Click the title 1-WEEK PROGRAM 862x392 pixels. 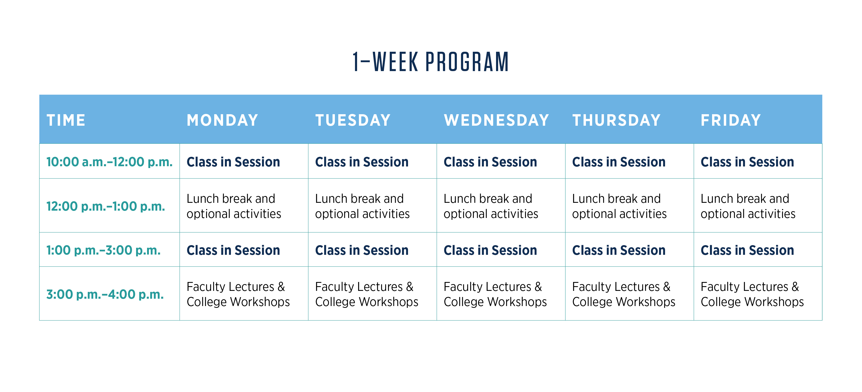pos(431,62)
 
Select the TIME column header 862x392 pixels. pos(66,120)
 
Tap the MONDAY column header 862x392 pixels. pos(223,120)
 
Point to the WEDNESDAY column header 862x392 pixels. pos(496,120)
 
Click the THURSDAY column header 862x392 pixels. pos(616,120)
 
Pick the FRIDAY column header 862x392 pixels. pos(731,120)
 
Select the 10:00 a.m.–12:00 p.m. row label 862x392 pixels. pos(109,162)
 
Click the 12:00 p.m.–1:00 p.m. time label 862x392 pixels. pos(106,206)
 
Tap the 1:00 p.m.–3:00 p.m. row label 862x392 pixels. pos(103,250)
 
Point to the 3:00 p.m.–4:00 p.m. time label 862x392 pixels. pos(105,294)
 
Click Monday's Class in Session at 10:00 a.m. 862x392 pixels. pos(233,162)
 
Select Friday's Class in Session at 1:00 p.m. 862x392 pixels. pos(747,250)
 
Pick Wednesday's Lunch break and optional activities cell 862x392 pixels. pos(491,206)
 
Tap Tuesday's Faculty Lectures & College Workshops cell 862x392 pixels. pos(367,294)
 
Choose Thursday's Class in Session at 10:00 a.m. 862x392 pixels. pos(619,162)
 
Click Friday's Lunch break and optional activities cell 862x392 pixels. pos(748,206)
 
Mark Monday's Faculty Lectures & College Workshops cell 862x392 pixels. pos(238,294)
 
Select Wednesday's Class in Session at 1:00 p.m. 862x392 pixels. pos(490,250)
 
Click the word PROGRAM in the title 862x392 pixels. pos(467,62)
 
